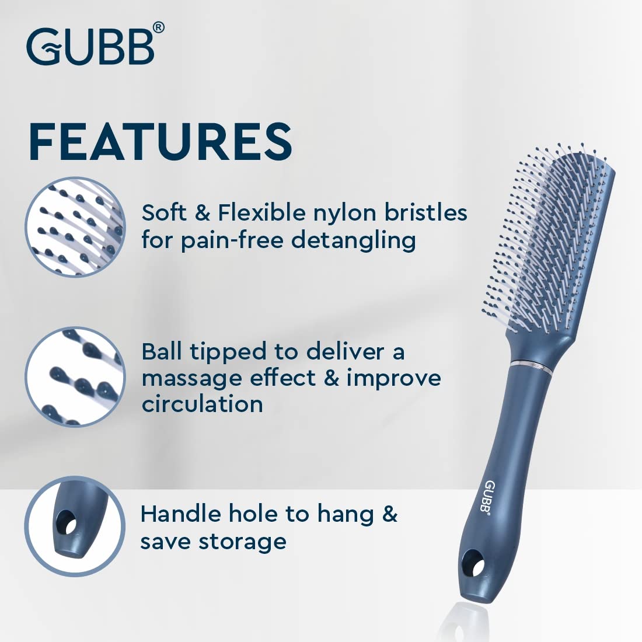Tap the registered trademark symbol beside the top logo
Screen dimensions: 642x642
pos(159,28)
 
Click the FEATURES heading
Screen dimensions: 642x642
pos(160,142)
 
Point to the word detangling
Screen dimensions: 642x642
pos(353,240)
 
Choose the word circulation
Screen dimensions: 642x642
pos(203,404)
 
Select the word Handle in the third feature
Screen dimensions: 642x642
pos(181,514)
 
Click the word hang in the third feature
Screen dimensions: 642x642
pos(346,515)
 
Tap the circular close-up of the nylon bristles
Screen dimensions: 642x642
pos(75,227)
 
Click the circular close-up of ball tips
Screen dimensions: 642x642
pos(75,376)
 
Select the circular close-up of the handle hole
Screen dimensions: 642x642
pos(75,526)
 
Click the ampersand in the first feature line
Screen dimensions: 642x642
pos(203,213)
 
